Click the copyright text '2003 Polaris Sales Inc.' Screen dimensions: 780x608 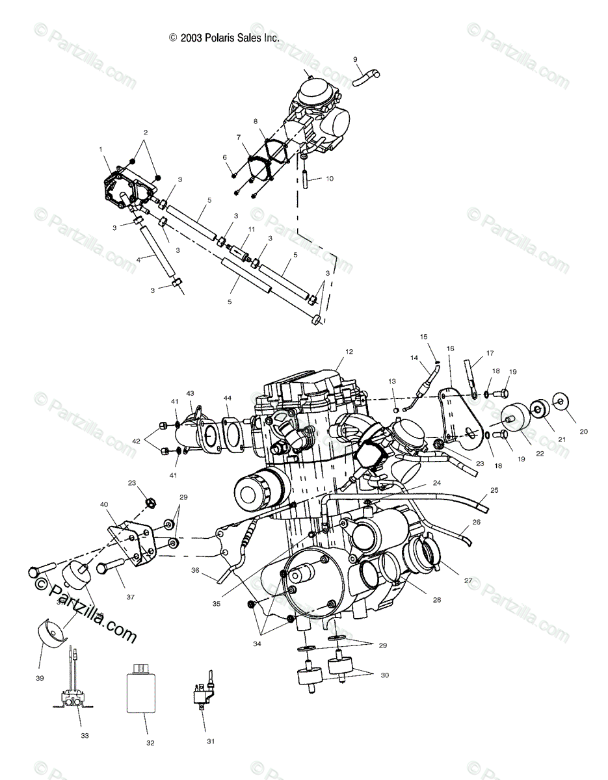pyautogui.click(x=224, y=38)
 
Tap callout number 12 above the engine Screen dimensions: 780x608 pyautogui.click(x=349, y=352)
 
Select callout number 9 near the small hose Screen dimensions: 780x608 pyautogui.click(x=355, y=60)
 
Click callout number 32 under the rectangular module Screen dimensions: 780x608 pyautogui.click(x=151, y=741)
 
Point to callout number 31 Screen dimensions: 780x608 pyautogui.click(x=210, y=741)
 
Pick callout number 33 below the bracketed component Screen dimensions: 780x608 pyautogui.click(x=85, y=736)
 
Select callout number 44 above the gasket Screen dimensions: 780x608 pyautogui.click(x=228, y=398)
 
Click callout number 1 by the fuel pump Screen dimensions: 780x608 pyautogui.click(x=101, y=149)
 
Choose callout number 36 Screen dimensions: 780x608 pyautogui.click(x=194, y=570)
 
